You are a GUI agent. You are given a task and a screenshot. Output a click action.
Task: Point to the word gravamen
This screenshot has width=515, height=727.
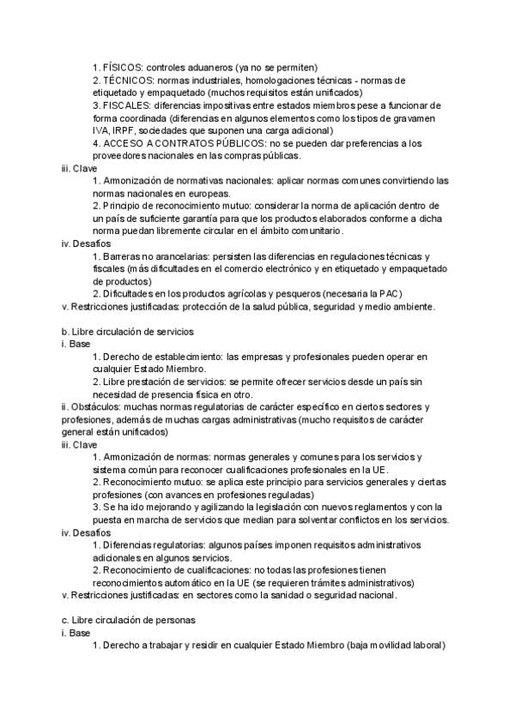pyautogui.click(x=416, y=117)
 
